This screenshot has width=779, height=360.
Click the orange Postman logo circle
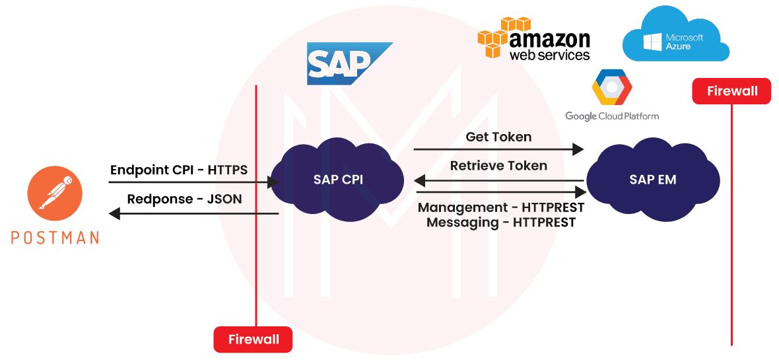55,193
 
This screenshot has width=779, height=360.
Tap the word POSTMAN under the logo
55,237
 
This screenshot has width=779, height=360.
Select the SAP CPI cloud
338,179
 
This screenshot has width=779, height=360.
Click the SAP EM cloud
652,179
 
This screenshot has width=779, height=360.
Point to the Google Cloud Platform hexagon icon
611,88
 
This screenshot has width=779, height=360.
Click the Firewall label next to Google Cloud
731,91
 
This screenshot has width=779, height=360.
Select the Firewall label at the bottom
253,340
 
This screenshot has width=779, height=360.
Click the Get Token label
498,137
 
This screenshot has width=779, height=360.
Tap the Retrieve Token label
498,165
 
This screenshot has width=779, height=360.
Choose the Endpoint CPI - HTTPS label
179,170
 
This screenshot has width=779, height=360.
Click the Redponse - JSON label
184,199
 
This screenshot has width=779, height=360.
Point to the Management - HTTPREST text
501,207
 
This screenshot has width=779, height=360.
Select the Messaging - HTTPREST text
501,223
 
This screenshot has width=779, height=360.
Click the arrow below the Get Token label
498,149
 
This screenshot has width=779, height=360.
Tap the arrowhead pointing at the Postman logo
114,213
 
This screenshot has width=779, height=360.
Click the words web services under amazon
549,54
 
